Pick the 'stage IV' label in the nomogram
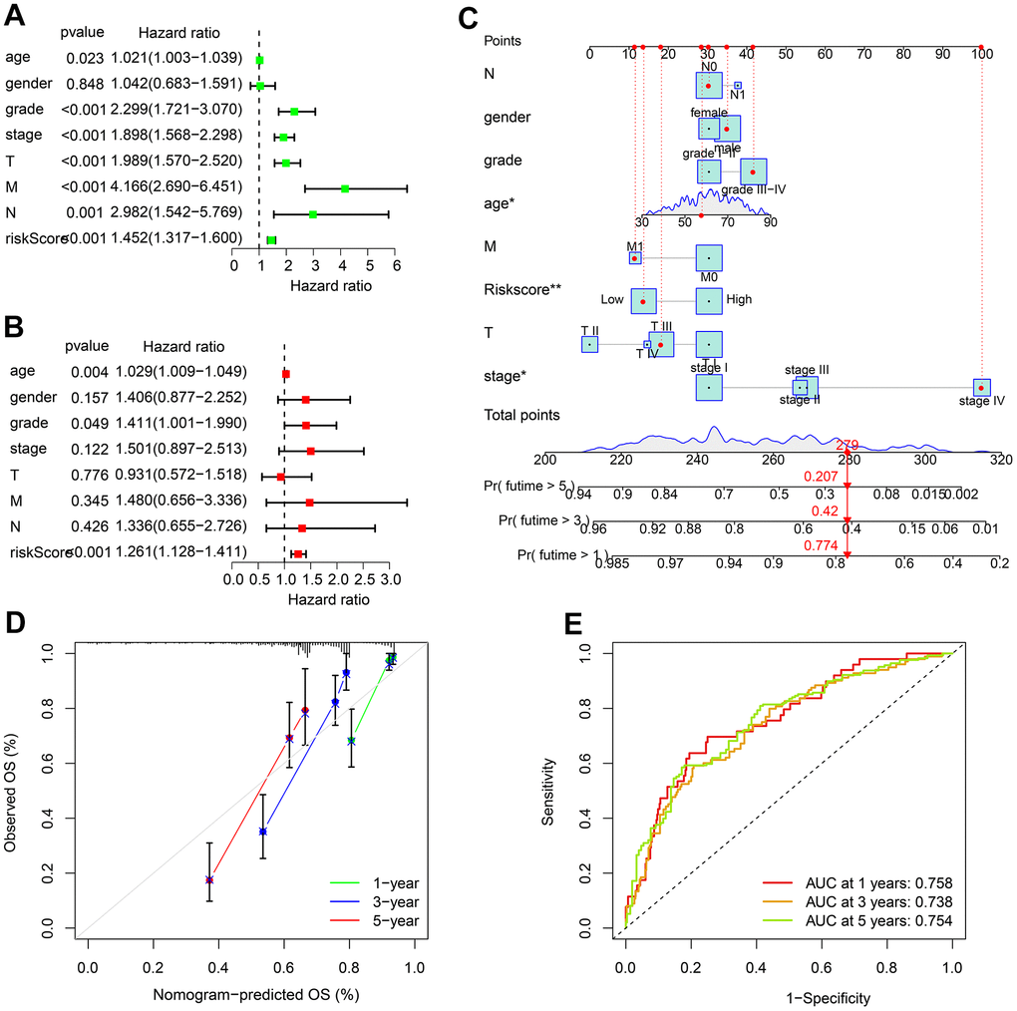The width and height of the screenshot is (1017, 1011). pyautogui.click(x=981, y=402)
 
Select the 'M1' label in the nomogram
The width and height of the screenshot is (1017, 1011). pyautogui.click(x=634, y=244)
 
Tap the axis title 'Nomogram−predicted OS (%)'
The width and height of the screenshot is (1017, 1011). pyautogui.click(x=255, y=995)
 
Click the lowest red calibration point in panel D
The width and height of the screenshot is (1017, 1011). pyautogui.click(x=209, y=879)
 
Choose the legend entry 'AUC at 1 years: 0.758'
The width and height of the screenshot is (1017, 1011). pyautogui.click(x=857, y=882)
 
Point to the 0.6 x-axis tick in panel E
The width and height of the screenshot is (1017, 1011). pyautogui.click(x=821, y=966)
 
